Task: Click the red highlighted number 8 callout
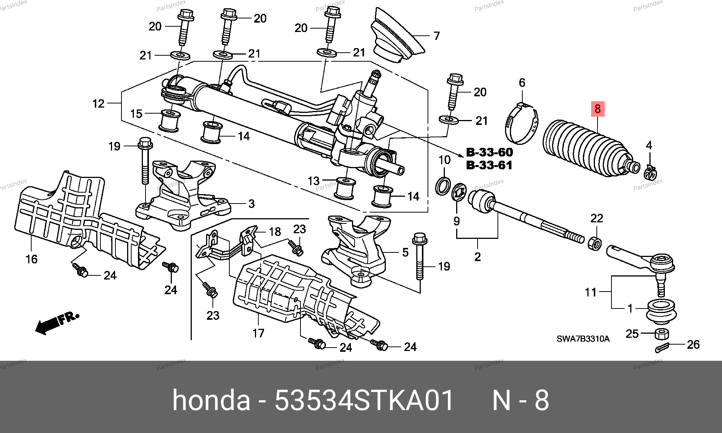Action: tap(598, 109)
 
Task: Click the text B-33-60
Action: tap(489, 152)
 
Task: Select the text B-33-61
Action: tap(489, 165)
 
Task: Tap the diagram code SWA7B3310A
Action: tap(583, 339)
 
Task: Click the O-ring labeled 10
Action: tap(443, 185)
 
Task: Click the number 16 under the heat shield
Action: tap(32, 259)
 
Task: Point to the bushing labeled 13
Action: tap(344, 188)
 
